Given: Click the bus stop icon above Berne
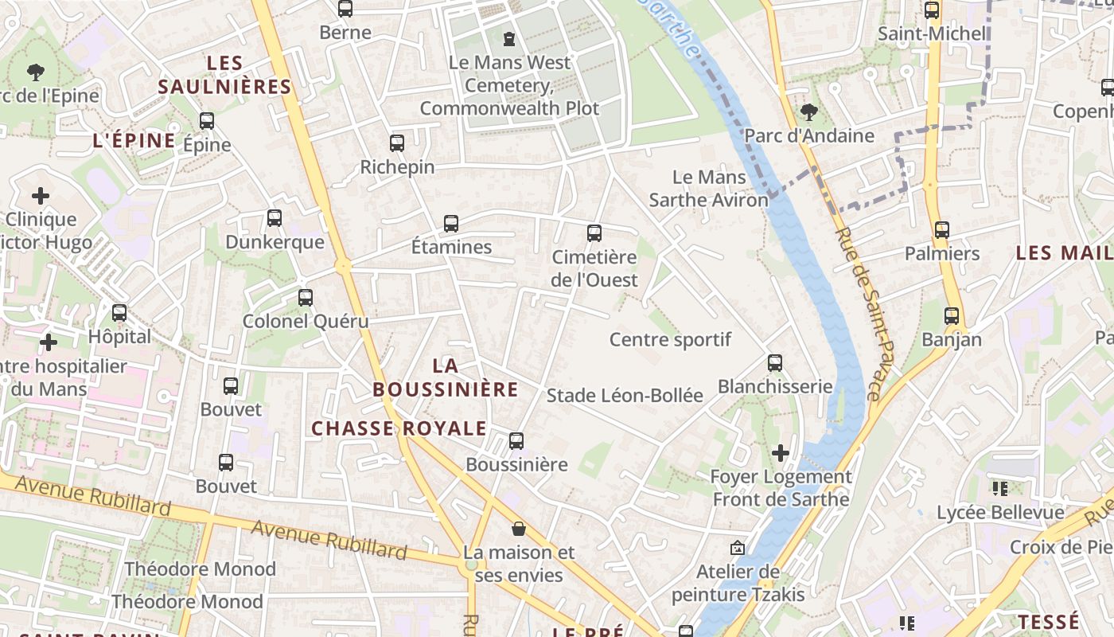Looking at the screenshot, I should tap(345, 9).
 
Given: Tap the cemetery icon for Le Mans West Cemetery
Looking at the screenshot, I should tap(509, 38).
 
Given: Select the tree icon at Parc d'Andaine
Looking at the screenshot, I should tap(808, 111).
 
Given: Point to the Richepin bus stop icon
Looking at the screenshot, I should tap(397, 143).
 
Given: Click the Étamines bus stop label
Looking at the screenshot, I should tap(451, 247).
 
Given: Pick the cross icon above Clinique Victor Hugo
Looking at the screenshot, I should tap(40, 195).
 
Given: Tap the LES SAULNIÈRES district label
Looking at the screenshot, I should tap(224, 75).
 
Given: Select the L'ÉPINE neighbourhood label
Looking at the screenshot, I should tap(134, 141).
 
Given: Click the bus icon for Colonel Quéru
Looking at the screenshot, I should tap(306, 298).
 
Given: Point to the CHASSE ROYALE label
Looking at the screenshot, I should tap(399, 428).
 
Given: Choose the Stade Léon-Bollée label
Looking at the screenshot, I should tap(625, 395).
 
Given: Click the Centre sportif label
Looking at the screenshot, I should tap(670, 340).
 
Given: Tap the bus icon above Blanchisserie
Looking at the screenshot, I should tap(775, 363).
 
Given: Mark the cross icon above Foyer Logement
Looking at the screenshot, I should tap(781, 453).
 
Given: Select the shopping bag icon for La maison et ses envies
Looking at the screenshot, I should tap(519, 528).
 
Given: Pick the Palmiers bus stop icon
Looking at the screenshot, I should tap(942, 230).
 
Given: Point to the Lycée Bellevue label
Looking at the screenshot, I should tap(1000, 512).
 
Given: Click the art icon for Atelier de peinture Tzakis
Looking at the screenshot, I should tap(738, 548).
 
